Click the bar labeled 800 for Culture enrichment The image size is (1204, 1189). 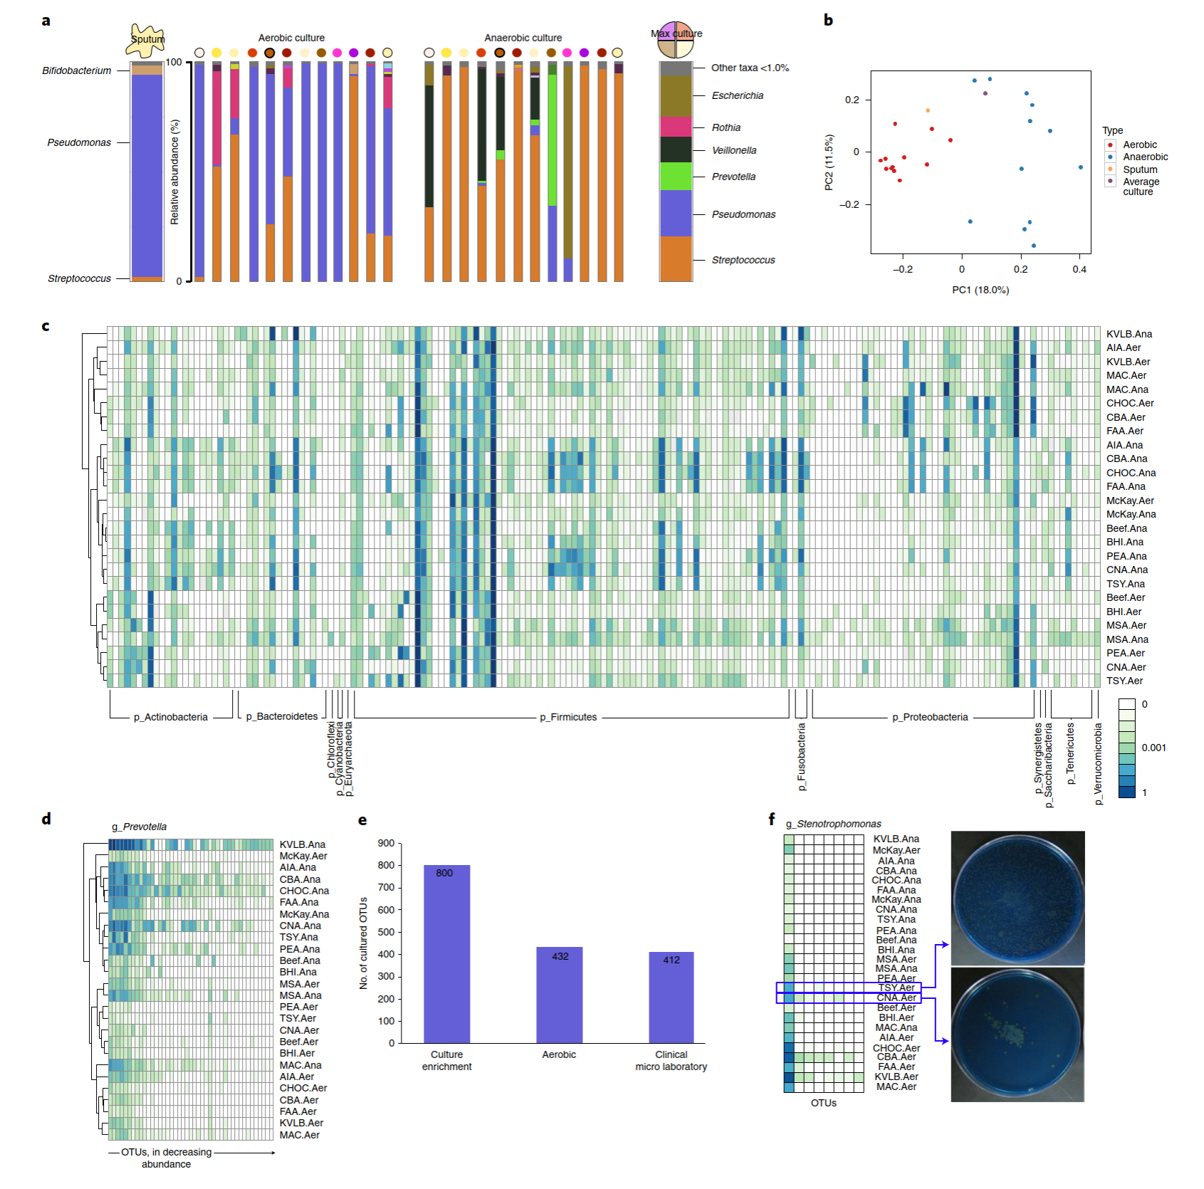coord(446,954)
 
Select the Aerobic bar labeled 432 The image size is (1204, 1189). coord(559,995)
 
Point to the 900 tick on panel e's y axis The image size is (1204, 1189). coord(387,843)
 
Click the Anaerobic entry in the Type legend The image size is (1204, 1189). coord(1145,157)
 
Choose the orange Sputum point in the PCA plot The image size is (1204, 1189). coord(928,110)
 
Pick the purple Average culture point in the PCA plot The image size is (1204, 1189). coord(985,93)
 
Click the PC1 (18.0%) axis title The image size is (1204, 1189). coord(980,290)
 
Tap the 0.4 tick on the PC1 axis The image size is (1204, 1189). coord(1079,269)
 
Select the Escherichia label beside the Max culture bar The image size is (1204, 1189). coord(738,95)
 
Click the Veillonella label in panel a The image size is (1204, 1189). coord(734,150)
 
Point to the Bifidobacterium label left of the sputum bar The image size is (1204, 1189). coord(76,70)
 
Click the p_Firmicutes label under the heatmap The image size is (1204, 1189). coord(568,717)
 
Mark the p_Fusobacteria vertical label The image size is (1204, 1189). coord(802,756)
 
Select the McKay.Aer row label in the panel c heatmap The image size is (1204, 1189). coord(1130,501)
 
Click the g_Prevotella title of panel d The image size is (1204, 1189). coord(140,827)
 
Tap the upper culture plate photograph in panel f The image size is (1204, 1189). coord(1017,897)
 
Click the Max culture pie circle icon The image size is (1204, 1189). coord(676,40)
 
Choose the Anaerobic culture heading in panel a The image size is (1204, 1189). coord(523,38)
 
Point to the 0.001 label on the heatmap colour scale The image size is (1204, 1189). coord(1153,748)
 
